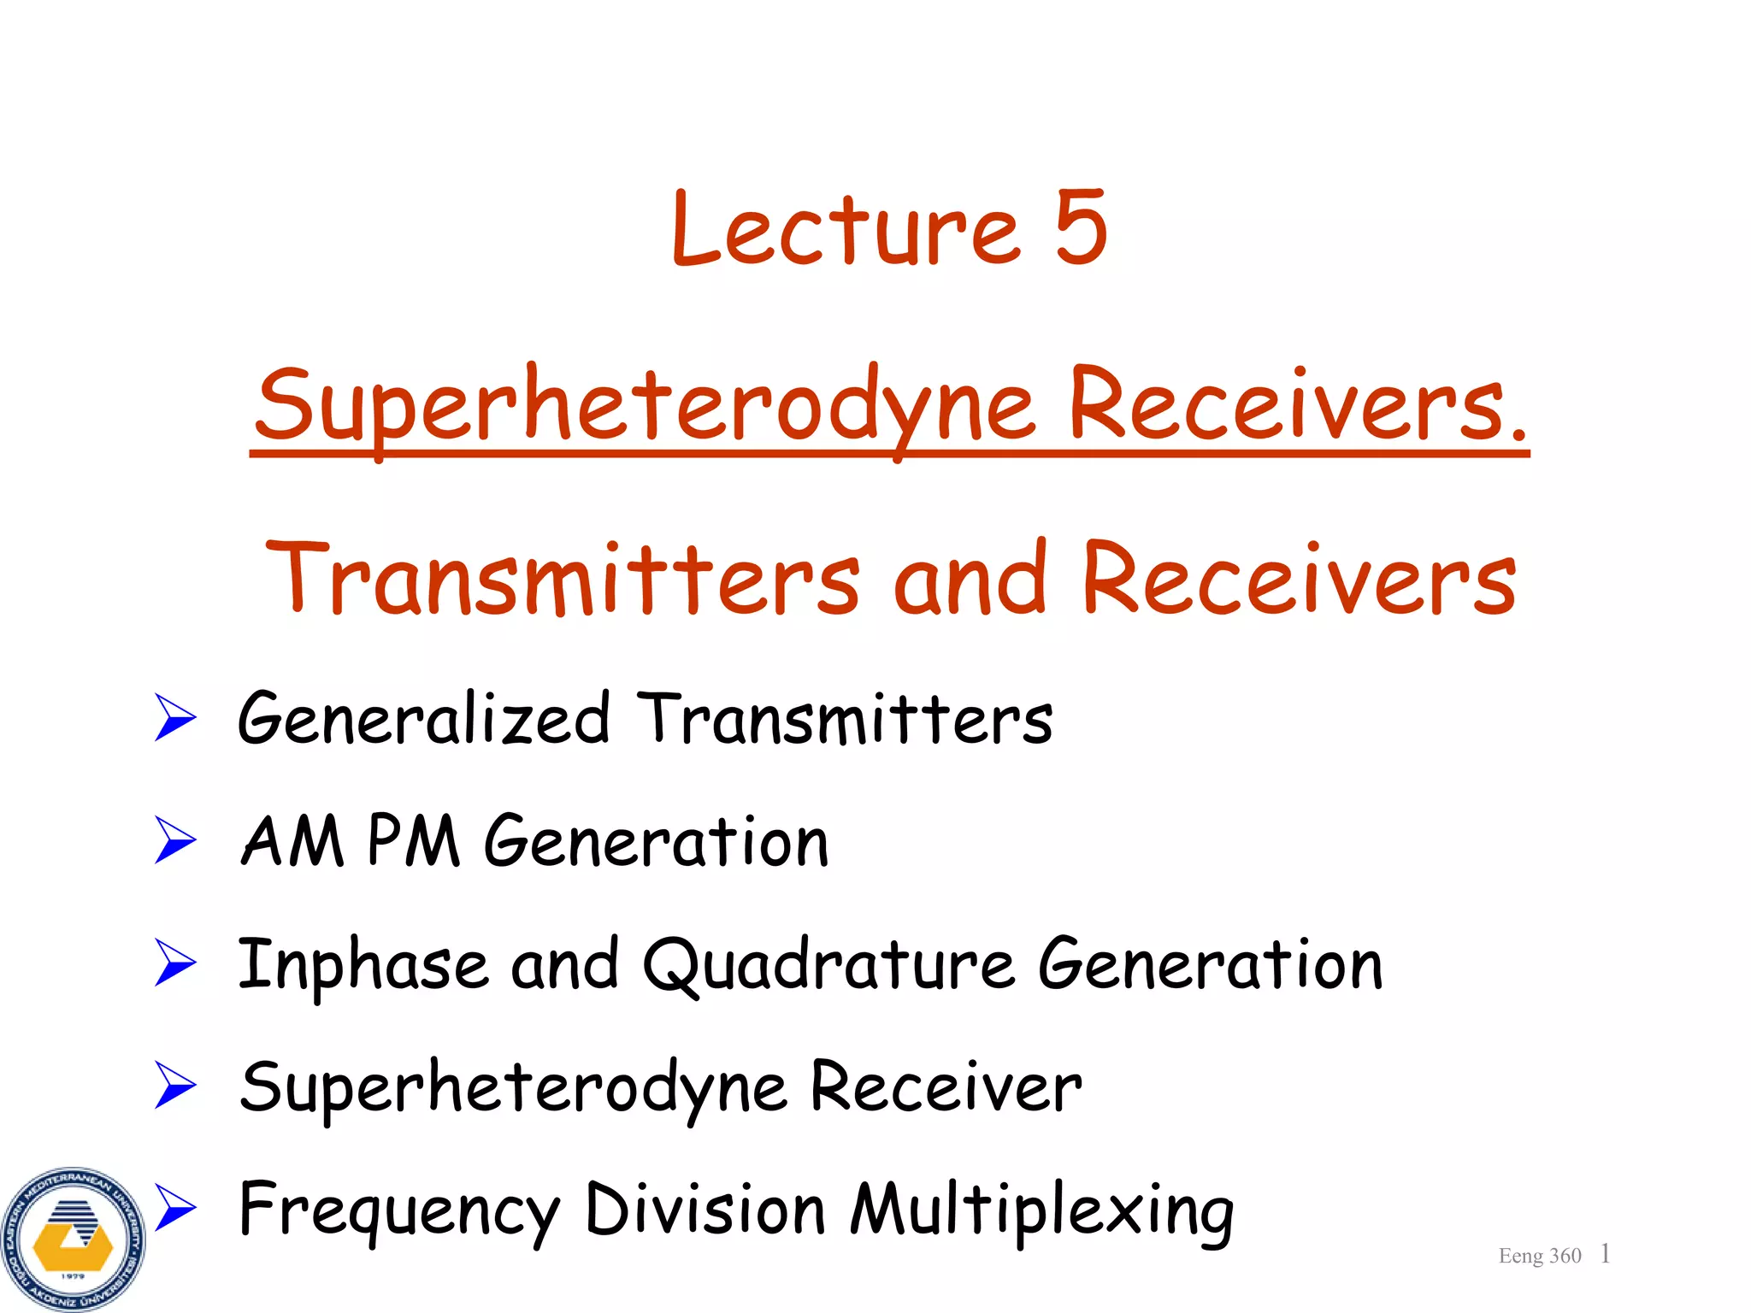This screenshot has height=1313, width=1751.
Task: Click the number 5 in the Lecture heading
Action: click(1081, 227)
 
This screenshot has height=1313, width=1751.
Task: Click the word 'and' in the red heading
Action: click(970, 580)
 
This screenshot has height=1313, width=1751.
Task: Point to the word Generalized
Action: click(424, 720)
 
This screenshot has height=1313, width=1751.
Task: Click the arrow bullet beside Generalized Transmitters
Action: click(175, 717)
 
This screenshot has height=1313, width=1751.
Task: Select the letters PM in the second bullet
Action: click(414, 842)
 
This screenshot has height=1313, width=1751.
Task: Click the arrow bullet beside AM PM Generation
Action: click(175, 839)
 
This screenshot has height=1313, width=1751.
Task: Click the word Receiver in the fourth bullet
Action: click(946, 1087)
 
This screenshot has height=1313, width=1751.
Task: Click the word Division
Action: click(705, 1209)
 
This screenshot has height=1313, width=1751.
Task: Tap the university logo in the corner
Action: click(74, 1239)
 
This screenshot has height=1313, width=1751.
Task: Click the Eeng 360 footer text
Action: click(1539, 1256)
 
